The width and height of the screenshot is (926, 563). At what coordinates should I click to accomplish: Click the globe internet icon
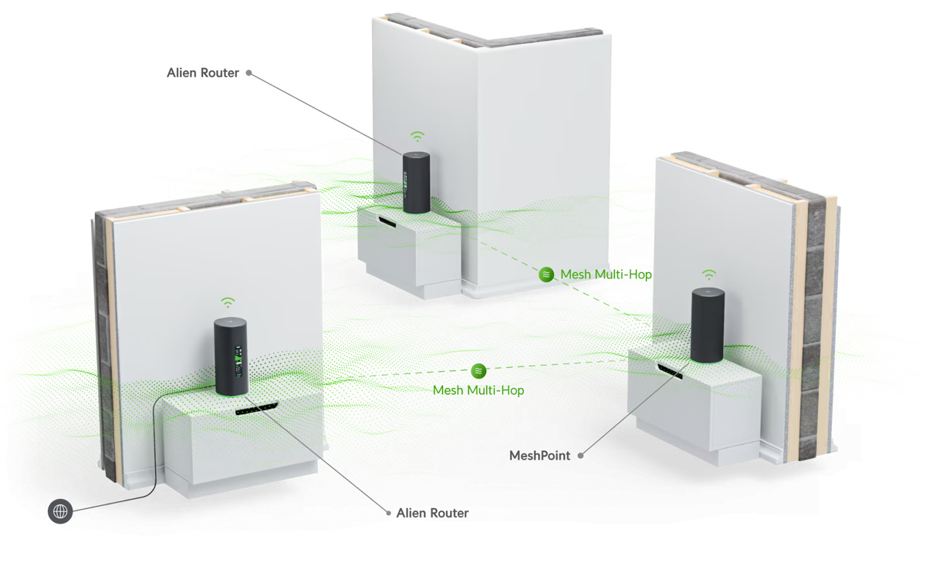60,511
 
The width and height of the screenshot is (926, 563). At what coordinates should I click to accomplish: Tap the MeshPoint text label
539,456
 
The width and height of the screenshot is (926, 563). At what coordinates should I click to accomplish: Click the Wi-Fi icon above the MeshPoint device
708,275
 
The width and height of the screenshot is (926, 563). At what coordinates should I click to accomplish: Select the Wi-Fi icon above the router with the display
228,302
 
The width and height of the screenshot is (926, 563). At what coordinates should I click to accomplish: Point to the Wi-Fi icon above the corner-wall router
417,137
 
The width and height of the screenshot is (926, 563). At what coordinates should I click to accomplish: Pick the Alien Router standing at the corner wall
416,183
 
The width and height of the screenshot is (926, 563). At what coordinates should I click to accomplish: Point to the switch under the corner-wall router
387,221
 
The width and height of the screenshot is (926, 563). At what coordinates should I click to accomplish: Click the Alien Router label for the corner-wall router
203,73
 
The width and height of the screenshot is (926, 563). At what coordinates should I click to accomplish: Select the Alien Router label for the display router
432,513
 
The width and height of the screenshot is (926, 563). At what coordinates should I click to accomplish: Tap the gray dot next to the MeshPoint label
581,456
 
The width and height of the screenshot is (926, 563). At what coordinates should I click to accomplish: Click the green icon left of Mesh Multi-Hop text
546,274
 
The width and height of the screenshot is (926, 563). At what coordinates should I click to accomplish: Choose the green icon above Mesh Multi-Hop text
478,371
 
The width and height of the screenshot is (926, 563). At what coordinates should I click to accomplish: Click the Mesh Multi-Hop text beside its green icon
606,274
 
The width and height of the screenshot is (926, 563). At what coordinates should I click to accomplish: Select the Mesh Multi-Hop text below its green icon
478,390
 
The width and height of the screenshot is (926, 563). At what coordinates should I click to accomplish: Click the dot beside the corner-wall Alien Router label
248,73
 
